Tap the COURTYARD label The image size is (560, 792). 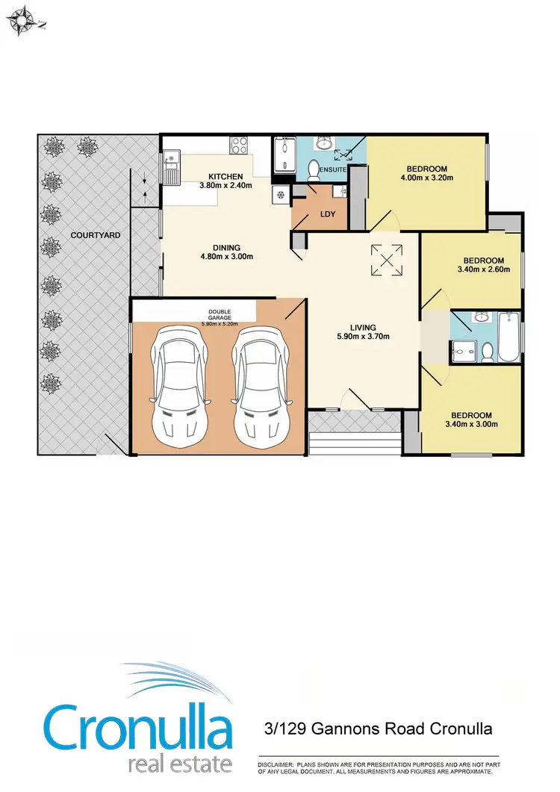coord(85,235)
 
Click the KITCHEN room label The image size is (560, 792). coord(225,176)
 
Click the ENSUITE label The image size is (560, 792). coord(332,170)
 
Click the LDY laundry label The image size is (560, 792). coord(327,213)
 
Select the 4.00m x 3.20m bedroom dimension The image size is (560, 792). coord(427,178)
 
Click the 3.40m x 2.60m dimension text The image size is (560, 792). coord(482,269)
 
